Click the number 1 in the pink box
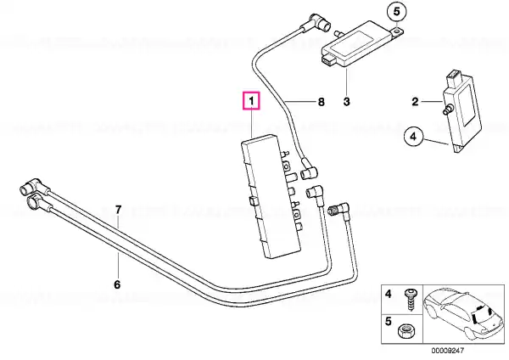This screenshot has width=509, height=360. click(x=252, y=103)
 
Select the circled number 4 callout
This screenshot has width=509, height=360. click(x=412, y=134)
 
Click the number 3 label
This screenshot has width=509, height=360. click(x=346, y=104)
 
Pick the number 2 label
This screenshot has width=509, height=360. click(x=416, y=104)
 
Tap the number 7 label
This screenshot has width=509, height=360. click(x=119, y=209)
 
